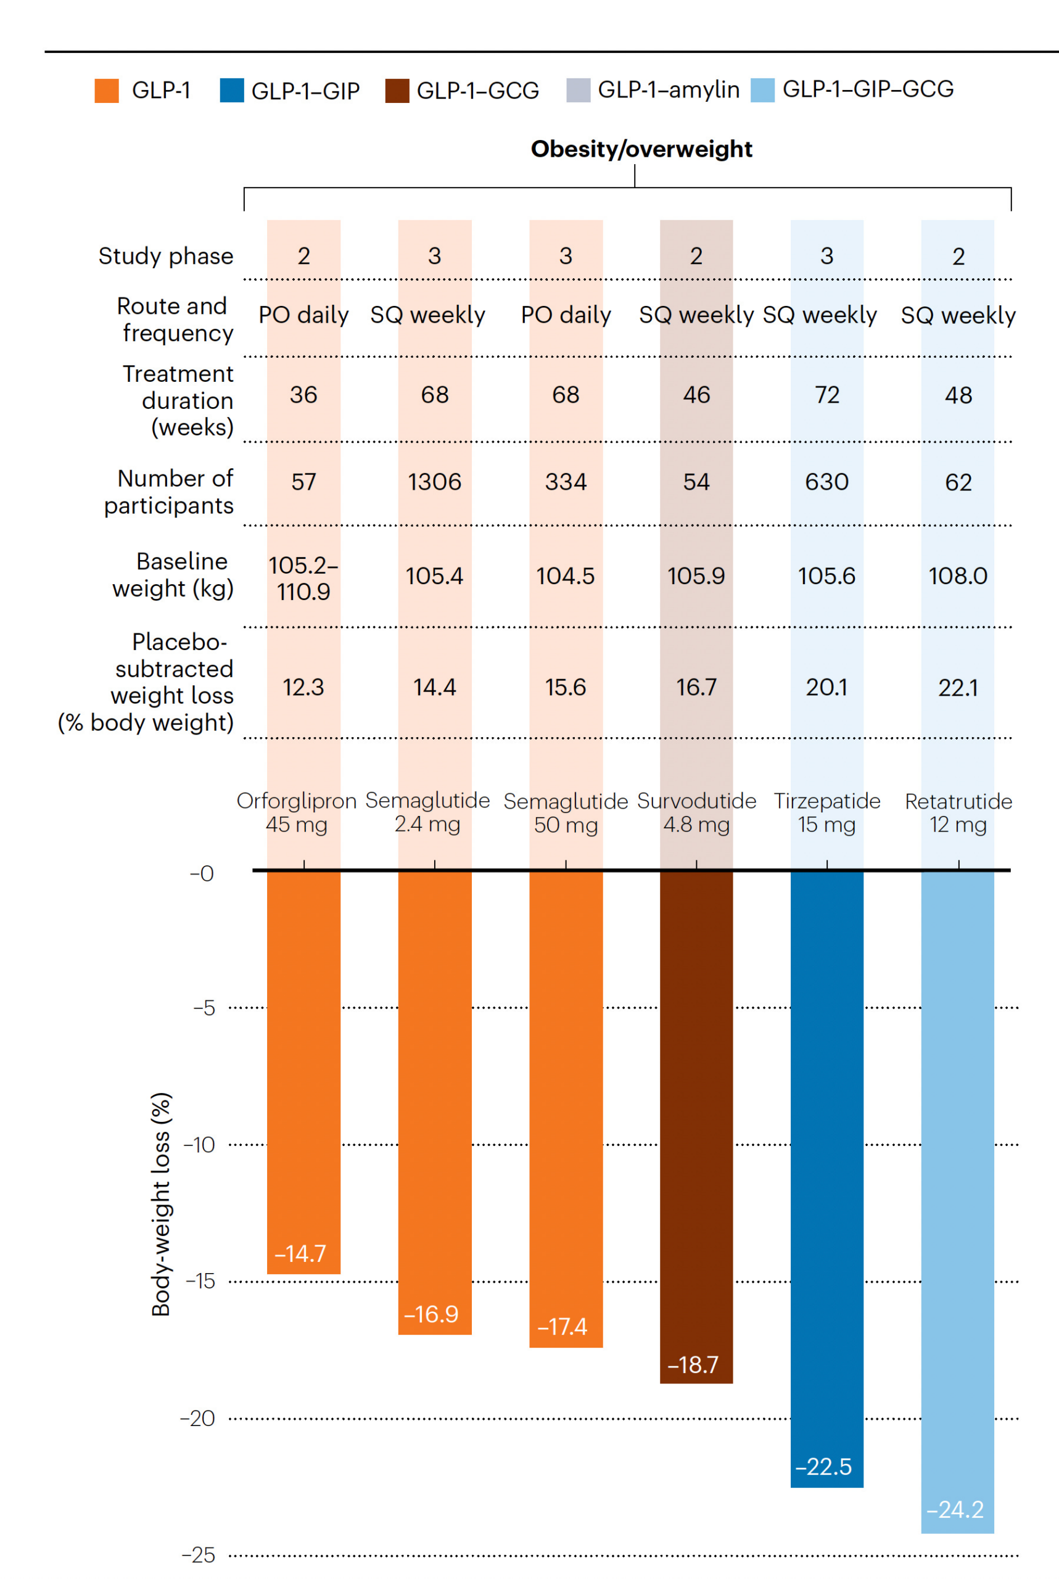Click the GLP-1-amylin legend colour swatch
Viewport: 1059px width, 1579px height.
pos(577,90)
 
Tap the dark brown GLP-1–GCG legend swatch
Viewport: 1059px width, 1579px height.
pos(397,91)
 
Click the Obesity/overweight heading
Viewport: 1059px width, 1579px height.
pos(641,149)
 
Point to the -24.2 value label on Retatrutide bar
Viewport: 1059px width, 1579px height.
pos(955,1509)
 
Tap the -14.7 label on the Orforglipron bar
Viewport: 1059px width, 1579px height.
pos(300,1253)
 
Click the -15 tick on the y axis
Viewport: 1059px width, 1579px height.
pos(200,1281)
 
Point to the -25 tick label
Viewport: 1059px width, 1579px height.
pos(199,1556)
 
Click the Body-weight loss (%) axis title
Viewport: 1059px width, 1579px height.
pos(161,1203)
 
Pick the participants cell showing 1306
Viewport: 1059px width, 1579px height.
pos(434,482)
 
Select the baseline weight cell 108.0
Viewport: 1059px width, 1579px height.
pos(958,575)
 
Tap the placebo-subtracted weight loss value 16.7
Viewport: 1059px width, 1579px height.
pos(696,687)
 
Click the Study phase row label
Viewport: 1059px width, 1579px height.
pos(165,256)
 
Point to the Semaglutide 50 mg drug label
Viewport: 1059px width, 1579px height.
pos(566,812)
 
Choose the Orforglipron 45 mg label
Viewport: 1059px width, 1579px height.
pos(297,812)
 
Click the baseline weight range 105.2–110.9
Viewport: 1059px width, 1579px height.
pos(303,578)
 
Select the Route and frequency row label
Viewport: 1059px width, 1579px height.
pos(175,320)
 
